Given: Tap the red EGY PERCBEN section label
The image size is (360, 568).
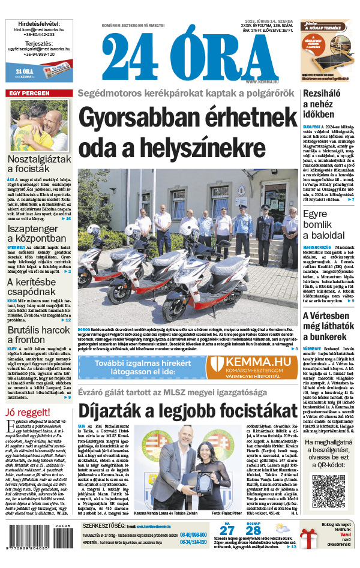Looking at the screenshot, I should point(28,94).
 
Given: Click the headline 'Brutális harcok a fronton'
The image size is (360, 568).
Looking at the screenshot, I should point(38,333).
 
